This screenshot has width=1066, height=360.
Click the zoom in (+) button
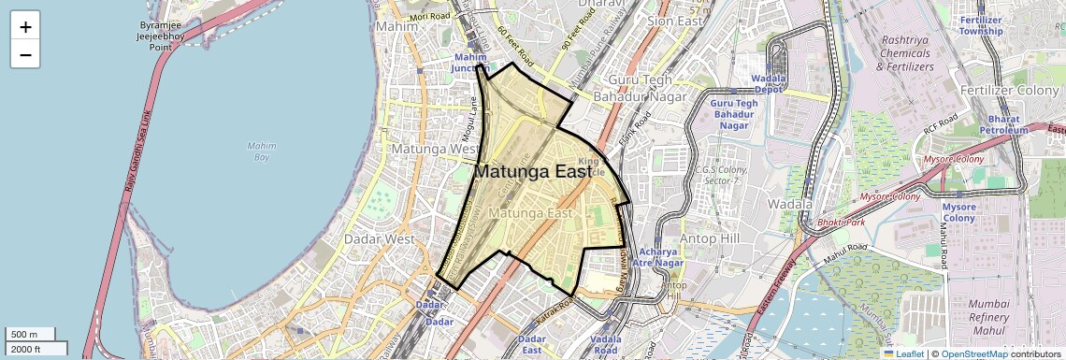[25, 27]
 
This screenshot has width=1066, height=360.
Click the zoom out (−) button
[25, 55]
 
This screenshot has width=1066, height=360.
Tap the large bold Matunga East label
[534, 172]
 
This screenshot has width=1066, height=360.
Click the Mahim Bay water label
[262, 151]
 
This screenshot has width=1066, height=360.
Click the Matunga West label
[436, 149]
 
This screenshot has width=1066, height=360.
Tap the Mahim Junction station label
[470, 62]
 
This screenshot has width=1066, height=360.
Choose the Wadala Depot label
[768, 84]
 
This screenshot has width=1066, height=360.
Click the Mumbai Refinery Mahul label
[987, 317]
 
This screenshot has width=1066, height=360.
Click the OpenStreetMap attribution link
[973, 353]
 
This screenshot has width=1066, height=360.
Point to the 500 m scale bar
[31, 335]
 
